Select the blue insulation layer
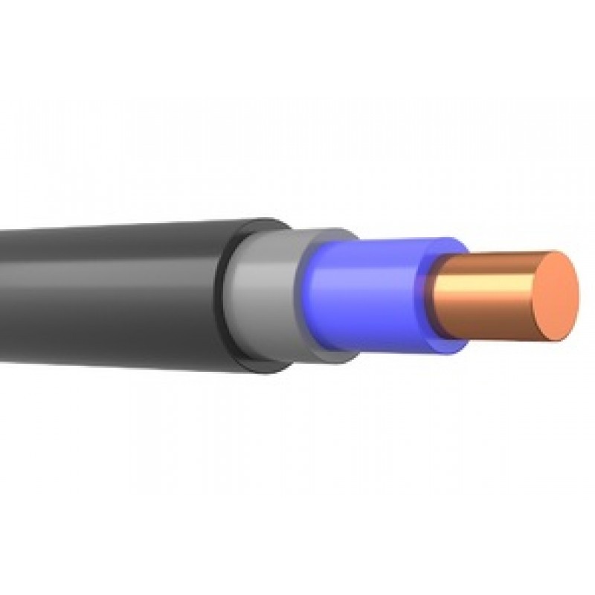372,297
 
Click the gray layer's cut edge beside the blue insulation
305,297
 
